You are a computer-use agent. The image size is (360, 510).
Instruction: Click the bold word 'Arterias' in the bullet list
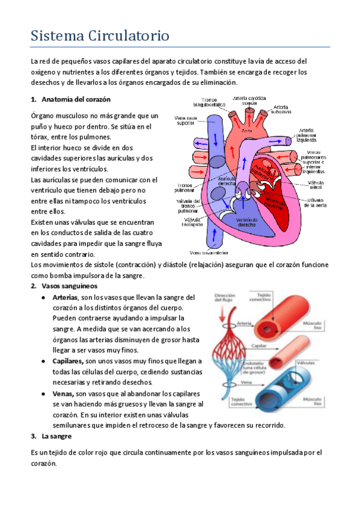click(x=65, y=297)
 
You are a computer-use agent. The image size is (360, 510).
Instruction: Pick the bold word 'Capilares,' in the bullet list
click(x=68, y=360)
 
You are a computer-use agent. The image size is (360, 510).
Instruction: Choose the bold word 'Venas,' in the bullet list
click(x=62, y=393)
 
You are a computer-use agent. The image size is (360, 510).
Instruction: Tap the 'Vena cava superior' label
click(x=185, y=121)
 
